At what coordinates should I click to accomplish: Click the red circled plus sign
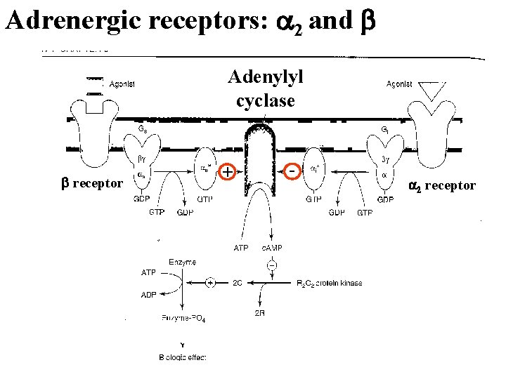[x=227, y=171]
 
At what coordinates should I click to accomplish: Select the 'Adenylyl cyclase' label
[x=265, y=89]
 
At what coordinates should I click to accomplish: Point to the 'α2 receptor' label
[x=442, y=185]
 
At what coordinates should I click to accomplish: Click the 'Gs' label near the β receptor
[x=142, y=129]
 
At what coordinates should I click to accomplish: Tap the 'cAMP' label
[x=272, y=247]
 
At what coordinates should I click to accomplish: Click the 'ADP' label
[x=149, y=295]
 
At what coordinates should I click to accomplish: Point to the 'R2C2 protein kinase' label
[x=327, y=284]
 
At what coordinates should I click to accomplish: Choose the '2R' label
[x=260, y=312]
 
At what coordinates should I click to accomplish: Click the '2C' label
[x=238, y=284]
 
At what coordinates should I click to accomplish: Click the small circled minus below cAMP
[x=271, y=266]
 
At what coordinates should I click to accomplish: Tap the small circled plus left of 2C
[x=210, y=283]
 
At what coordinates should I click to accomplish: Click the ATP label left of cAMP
[x=240, y=247]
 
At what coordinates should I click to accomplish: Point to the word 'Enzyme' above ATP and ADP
[x=182, y=261]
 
